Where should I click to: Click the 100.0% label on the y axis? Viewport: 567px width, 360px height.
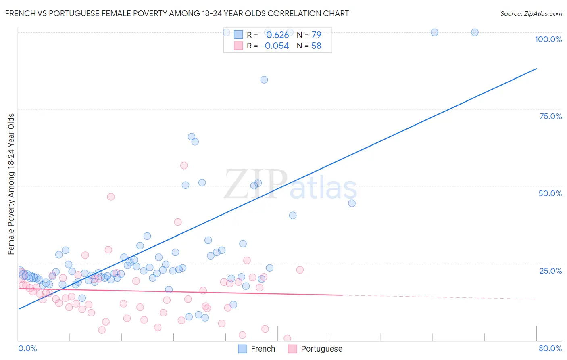coord(548,39)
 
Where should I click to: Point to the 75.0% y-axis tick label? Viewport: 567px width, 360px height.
coord(550,116)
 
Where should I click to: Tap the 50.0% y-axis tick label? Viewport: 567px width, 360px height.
coord(550,193)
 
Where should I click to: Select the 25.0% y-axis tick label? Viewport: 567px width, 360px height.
coord(550,271)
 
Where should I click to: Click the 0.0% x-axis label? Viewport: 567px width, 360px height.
coord(27,348)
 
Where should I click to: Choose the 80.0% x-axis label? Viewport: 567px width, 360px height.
coord(550,348)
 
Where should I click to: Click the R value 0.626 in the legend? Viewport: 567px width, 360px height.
coord(277,35)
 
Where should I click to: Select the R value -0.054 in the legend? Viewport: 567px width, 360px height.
coord(275,46)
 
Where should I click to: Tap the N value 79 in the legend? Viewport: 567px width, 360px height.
coord(316,35)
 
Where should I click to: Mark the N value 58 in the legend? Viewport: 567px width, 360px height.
coord(316,46)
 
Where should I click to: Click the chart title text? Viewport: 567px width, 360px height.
coord(177,13)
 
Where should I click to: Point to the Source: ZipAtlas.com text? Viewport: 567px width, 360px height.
coord(531,13)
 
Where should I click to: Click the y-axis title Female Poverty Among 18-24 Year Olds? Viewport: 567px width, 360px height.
coord(11,184)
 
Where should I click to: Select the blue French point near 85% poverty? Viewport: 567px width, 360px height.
coord(264,80)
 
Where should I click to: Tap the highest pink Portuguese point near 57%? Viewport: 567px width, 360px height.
coord(184,165)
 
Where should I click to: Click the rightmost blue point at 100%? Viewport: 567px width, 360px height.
coord(475,32)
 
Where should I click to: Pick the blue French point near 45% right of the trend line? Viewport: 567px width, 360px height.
coord(352,203)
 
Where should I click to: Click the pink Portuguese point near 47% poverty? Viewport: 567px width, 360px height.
coord(110,197)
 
